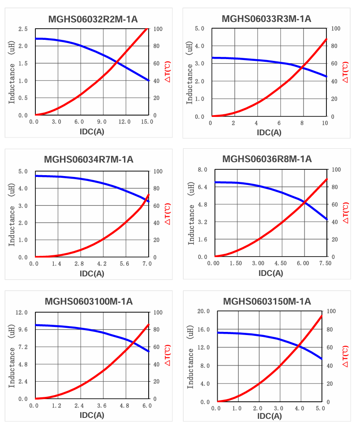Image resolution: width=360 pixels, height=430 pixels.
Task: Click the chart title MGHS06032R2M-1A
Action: [93, 19]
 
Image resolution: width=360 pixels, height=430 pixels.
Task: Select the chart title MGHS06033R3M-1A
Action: [266, 18]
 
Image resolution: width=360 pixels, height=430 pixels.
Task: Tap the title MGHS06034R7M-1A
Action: [89, 159]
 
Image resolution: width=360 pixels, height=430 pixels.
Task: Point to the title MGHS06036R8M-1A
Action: [267, 159]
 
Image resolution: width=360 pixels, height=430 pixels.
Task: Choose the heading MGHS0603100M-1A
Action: [89, 301]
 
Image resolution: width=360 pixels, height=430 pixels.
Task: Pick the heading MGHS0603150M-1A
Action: [267, 301]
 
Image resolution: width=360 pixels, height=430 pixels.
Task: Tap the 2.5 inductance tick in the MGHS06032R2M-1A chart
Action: [23, 29]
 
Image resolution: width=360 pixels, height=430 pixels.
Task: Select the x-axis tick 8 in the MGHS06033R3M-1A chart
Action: [302, 123]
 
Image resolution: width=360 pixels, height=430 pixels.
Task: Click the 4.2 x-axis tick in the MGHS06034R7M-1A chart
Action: [102, 264]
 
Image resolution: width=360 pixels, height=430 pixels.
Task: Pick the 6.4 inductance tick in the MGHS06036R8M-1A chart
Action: [201, 187]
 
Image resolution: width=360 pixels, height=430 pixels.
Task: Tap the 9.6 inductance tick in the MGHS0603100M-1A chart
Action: [22, 330]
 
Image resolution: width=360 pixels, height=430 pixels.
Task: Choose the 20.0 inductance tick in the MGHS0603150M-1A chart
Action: [204, 311]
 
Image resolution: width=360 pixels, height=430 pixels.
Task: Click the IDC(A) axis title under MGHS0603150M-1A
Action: [270, 416]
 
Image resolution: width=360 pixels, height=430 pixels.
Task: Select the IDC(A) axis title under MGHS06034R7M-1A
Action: [92, 273]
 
